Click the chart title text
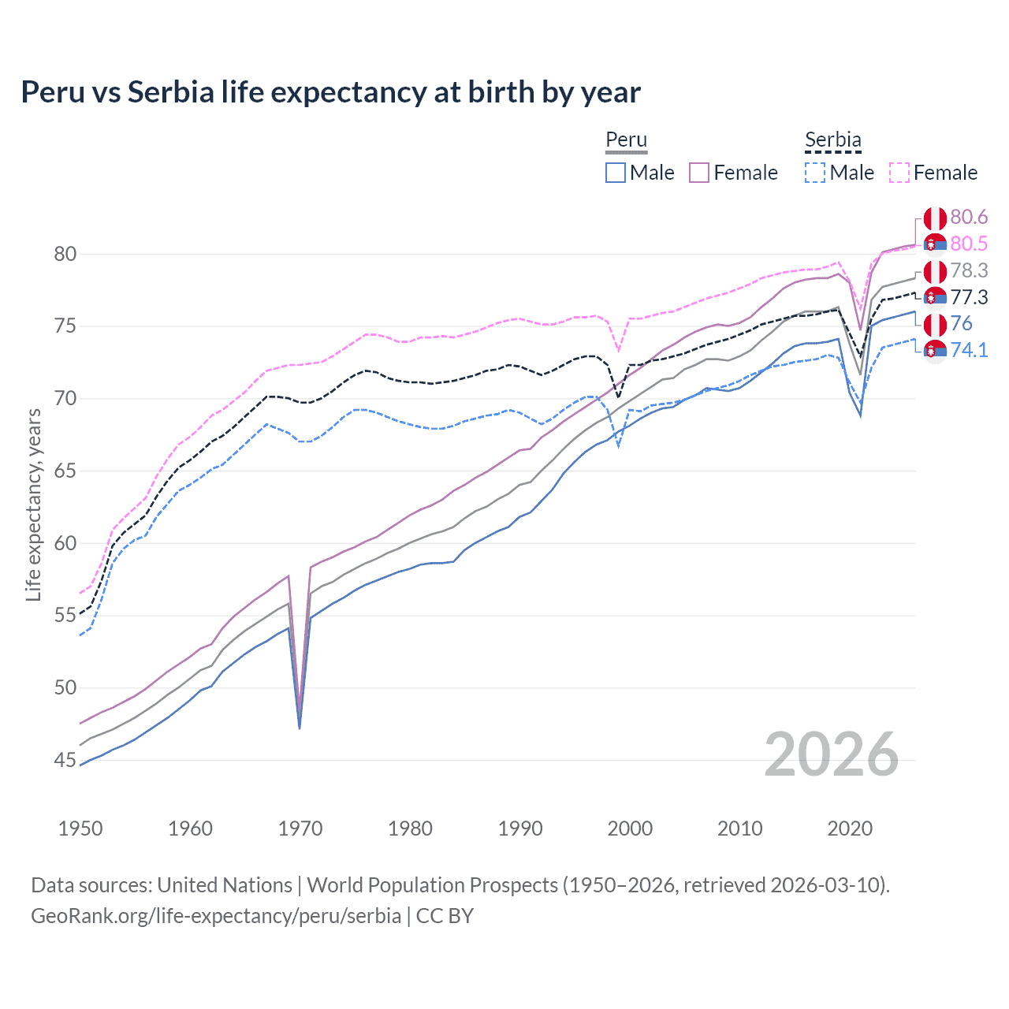coord(330,92)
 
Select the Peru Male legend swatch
coord(616,173)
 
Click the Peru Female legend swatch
coord(700,173)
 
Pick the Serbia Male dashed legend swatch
coord(815,173)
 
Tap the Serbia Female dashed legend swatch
coord(899,173)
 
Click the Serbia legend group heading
coord(832,140)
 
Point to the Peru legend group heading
coord(626,140)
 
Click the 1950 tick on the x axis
coord(80,828)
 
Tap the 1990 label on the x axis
coord(520,828)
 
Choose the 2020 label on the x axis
coord(850,828)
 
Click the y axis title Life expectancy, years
coord(33,504)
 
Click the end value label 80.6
coord(969,218)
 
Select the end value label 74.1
coord(969,350)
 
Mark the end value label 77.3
coord(969,297)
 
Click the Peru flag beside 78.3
coord(935,271)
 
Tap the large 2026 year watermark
coord(832,754)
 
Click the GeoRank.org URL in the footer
coord(215,916)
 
